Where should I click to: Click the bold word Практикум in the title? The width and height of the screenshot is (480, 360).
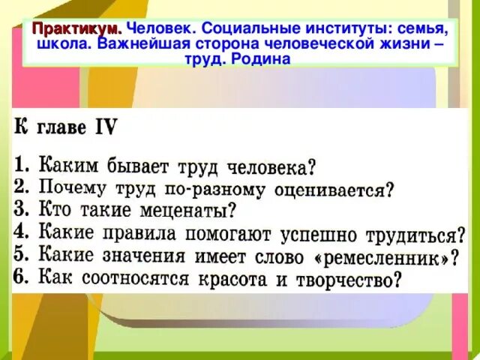[x=77, y=28]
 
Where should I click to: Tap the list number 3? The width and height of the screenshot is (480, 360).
[x=22, y=210]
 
